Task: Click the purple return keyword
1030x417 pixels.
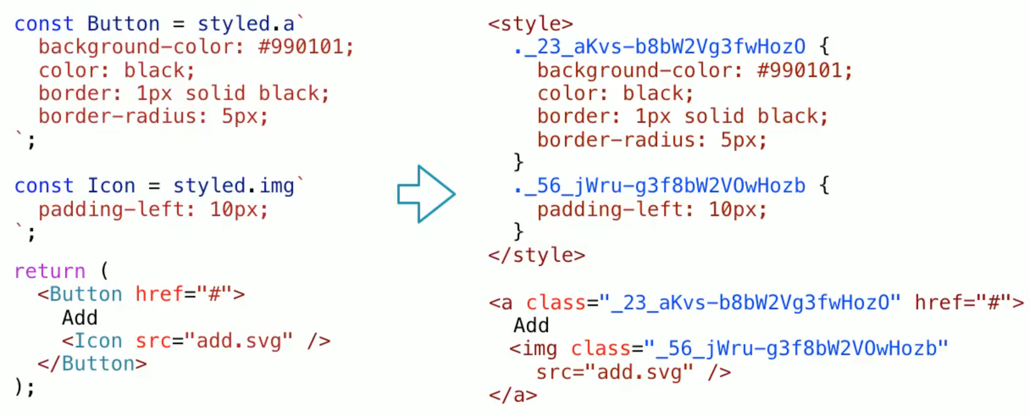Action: (x=50, y=271)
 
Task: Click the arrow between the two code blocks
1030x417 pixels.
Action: (x=426, y=194)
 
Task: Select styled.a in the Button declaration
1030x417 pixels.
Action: (x=246, y=24)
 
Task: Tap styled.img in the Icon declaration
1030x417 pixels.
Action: (x=234, y=186)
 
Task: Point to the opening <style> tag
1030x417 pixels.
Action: (x=531, y=24)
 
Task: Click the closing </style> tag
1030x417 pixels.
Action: (x=536, y=255)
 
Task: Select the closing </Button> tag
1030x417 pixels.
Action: (x=92, y=364)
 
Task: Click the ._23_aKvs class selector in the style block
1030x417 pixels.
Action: (x=659, y=47)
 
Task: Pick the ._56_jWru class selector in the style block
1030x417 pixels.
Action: (x=659, y=186)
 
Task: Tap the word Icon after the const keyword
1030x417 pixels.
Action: (x=111, y=186)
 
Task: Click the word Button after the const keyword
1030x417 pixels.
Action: (x=123, y=24)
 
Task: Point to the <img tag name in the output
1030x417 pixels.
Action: (x=534, y=349)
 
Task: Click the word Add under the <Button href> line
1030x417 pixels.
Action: (x=80, y=318)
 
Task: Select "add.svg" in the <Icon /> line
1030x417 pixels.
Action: (x=238, y=341)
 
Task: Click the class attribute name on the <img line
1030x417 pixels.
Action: (x=600, y=349)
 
